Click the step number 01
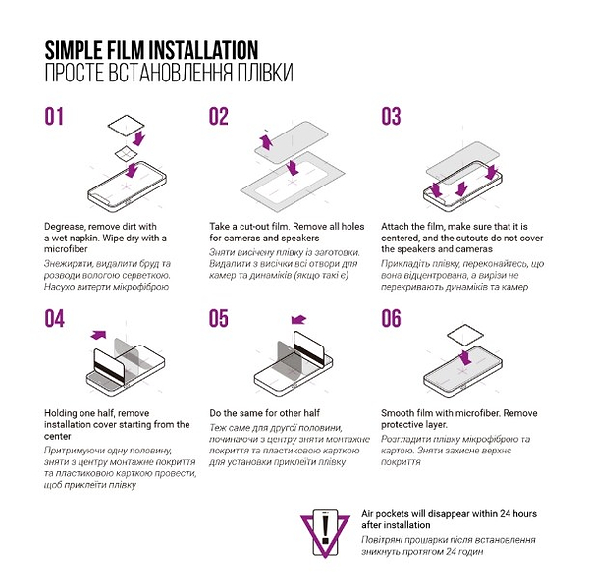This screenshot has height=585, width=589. (x=54, y=117)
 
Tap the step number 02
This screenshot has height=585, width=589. (x=219, y=117)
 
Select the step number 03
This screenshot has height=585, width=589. (x=391, y=117)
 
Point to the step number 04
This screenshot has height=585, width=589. (x=54, y=318)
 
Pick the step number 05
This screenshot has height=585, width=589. (x=219, y=318)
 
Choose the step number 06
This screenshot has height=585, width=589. (x=391, y=318)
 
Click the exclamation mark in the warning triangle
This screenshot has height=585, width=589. (x=325, y=529)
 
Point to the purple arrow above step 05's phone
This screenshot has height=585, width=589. (x=299, y=320)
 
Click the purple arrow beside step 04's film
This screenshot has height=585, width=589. (x=98, y=334)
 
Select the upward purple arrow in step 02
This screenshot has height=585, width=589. (x=266, y=142)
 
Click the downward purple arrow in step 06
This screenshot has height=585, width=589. (x=465, y=357)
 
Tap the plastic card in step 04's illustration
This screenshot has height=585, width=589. (x=109, y=366)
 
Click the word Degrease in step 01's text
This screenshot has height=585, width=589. (x=64, y=227)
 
